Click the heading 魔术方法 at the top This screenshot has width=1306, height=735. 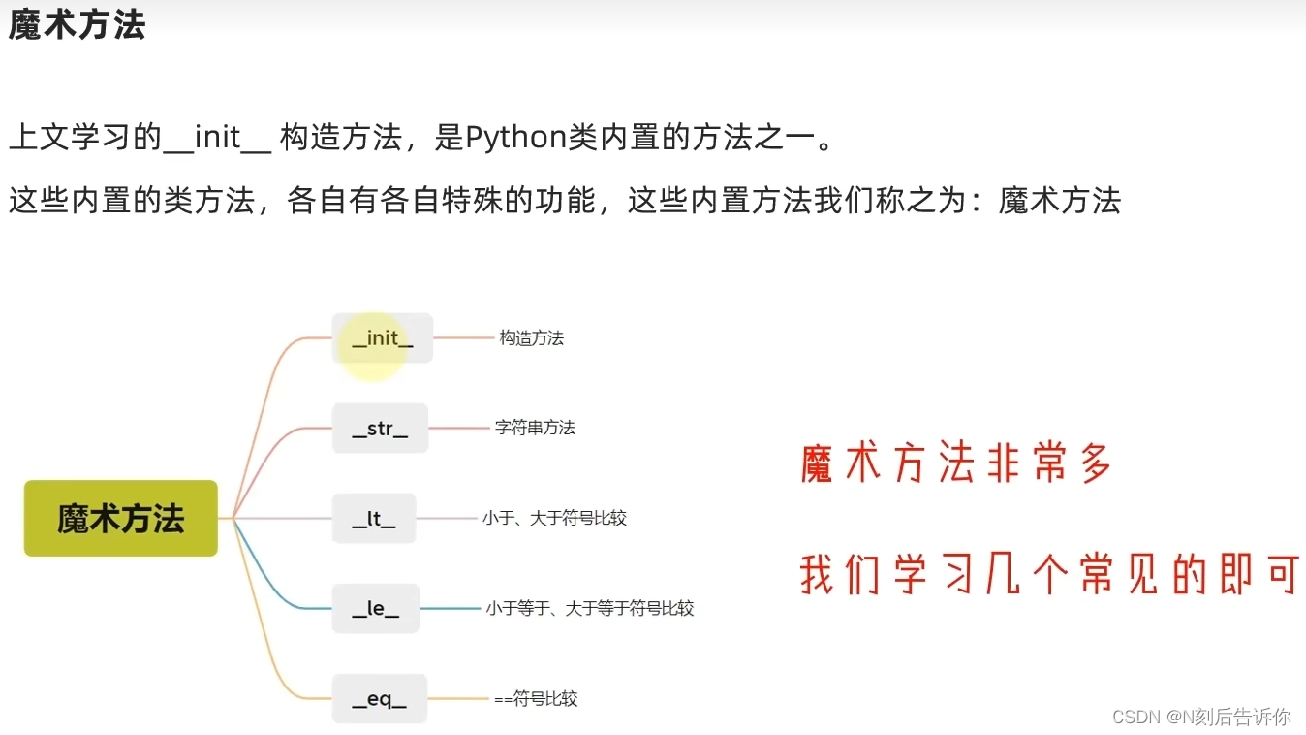tap(77, 25)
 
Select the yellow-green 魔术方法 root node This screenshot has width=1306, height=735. tap(121, 518)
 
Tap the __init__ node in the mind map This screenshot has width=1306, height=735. tap(382, 338)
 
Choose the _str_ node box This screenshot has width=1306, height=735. tap(380, 428)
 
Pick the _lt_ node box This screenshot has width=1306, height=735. tap(374, 518)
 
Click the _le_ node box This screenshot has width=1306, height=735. tap(375, 608)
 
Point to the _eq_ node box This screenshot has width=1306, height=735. tap(379, 698)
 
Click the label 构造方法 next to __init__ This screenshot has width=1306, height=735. tap(531, 338)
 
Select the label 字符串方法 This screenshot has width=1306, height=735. tap(535, 428)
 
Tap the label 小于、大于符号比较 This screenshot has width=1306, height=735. tap(554, 518)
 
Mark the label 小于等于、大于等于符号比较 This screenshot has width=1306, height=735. tap(589, 608)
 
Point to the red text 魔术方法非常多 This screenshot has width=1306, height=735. tap(956, 465)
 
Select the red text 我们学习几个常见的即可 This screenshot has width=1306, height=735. tap(1048, 575)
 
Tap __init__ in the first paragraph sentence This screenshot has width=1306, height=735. tap(217, 138)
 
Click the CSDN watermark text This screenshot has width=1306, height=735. tap(1201, 717)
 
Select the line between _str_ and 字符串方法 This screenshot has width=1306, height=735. tap(460, 428)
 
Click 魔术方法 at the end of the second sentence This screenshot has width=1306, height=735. tap(1060, 201)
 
